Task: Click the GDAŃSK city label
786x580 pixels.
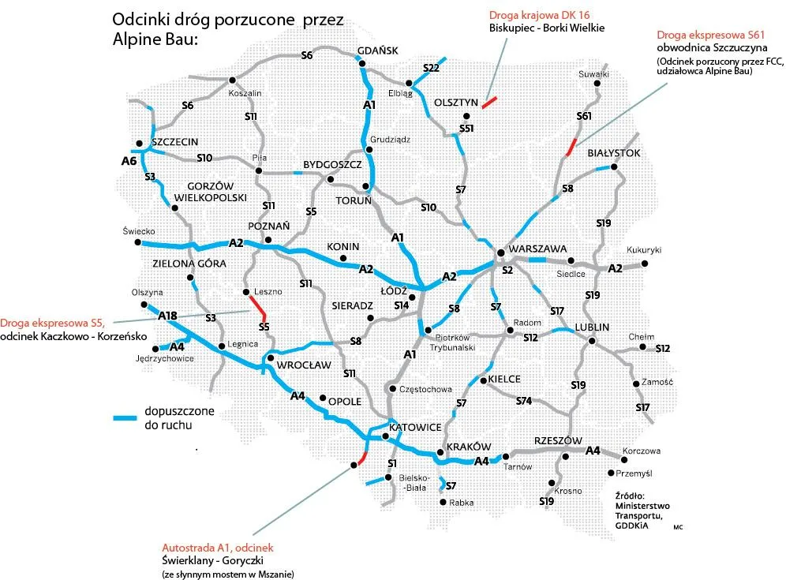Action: [x=378, y=51]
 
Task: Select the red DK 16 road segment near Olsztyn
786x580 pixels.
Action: [x=489, y=102]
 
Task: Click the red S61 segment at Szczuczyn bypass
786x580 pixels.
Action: [x=571, y=147]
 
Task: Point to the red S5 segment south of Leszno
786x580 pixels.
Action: [x=258, y=306]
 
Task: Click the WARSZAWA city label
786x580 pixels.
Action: [x=540, y=248]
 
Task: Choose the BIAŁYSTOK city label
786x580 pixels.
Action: [x=614, y=153]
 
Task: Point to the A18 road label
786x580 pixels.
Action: [x=167, y=316]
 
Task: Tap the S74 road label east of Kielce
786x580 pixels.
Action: [x=523, y=401]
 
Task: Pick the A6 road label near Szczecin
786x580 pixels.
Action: [x=129, y=161]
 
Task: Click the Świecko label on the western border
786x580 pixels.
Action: [x=138, y=231]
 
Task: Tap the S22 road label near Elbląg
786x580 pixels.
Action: [x=431, y=69]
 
